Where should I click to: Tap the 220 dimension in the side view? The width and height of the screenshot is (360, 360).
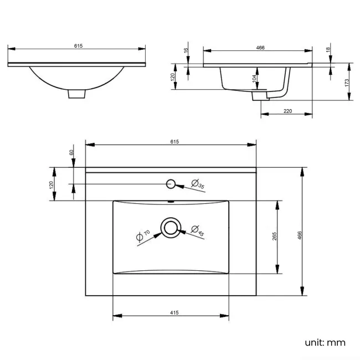coord(287,111)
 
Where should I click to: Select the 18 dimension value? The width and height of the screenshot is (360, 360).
coord(328,50)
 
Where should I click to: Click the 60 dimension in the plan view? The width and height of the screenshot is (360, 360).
coord(71,152)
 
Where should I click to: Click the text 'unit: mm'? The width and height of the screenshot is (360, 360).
coord(325,342)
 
